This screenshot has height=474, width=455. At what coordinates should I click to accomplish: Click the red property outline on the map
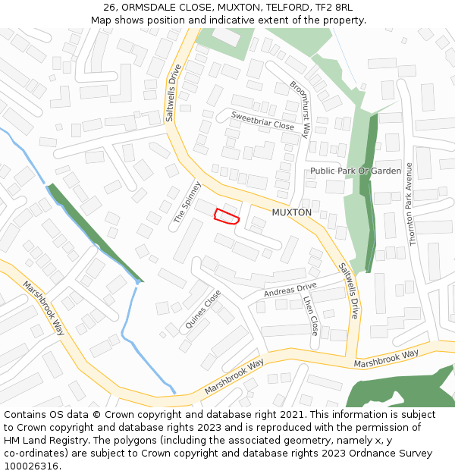(x=227, y=216)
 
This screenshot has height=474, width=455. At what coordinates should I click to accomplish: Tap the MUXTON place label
(x=292, y=212)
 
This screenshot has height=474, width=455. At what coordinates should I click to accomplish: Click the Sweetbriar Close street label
(x=262, y=121)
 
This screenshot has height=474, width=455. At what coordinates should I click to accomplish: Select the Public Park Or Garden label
(x=356, y=171)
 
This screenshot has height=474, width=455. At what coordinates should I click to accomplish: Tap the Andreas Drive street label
(x=290, y=290)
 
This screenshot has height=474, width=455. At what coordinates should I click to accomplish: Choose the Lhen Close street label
(x=310, y=315)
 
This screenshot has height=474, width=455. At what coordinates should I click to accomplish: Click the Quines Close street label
(x=203, y=309)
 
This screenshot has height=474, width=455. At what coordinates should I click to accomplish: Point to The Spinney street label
(x=187, y=202)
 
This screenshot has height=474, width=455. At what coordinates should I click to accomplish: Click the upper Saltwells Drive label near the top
(x=173, y=92)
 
